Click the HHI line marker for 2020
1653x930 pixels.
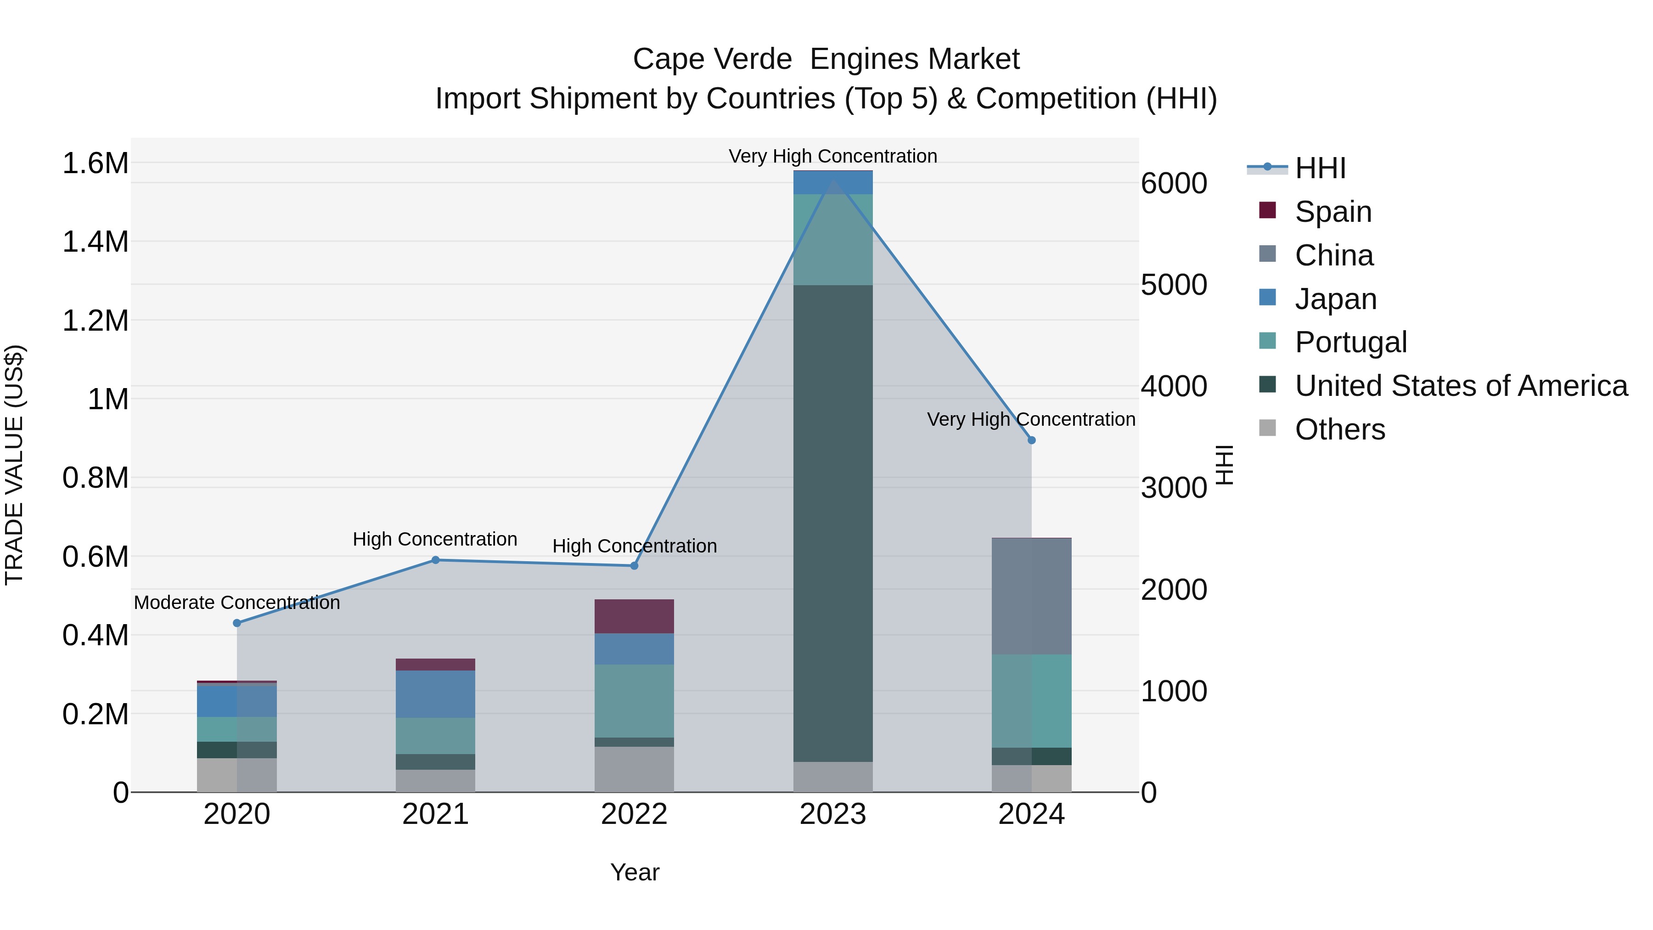[237, 623]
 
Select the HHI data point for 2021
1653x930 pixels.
[436, 560]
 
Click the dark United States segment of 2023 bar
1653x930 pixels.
[833, 523]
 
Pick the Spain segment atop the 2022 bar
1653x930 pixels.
[634, 616]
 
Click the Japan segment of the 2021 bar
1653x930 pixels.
[436, 694]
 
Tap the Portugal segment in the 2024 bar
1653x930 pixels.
[1032, 701]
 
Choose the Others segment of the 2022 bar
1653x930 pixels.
[634, 769]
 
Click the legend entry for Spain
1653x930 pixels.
[1333, 212]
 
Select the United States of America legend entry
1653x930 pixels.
[1461, 386]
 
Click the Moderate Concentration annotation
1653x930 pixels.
[237, 603]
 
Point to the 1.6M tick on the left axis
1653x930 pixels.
[95, 163]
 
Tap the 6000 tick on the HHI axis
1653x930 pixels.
[1174, 184]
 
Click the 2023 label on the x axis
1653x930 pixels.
[833, 814]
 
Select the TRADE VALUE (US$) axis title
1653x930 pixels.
[14, 465]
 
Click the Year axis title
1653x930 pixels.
[635, 872]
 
